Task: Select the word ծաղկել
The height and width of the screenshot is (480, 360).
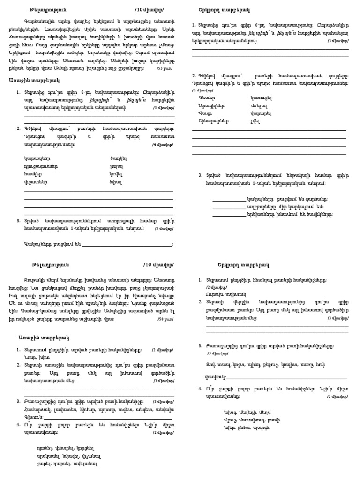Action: [117, 158]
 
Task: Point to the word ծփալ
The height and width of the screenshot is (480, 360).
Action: [115, 182]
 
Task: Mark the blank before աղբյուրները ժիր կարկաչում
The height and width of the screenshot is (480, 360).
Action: [228, 206]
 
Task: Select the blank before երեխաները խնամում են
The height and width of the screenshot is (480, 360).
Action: [228, 214]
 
